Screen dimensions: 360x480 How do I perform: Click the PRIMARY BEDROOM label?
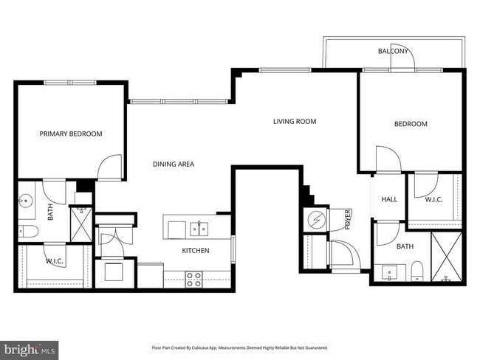point(71,134)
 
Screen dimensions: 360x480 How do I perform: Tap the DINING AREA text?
point(174,164)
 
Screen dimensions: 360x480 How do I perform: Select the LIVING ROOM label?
point(294,121)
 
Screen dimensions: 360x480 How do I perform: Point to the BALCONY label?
point(394,51)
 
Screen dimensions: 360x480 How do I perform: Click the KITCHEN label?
point(196,251)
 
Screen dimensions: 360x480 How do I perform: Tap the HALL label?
point(389,199)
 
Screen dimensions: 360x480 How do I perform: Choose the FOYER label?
point(347,220)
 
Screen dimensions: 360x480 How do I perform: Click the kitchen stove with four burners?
point(193,279)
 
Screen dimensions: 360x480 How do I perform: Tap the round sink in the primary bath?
point(27,199)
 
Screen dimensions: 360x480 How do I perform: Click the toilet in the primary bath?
point(27,232)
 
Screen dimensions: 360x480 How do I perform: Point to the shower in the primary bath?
point(80,224)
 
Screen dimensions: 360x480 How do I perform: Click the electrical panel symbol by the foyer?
point(316,220)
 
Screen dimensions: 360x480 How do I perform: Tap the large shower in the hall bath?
point(446,257)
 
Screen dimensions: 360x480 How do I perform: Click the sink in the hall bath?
point(388,273)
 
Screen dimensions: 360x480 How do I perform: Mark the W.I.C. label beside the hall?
point(434,199)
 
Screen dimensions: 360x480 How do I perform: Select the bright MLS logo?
point(30,347)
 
